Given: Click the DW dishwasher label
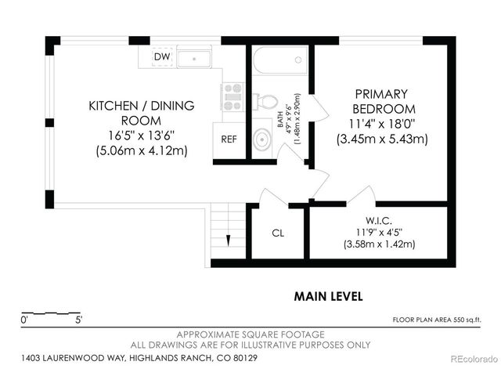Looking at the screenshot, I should pyautogui.click(x=162, y=57).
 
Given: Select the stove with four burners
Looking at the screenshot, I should pyautogui.click(x=232, y=96).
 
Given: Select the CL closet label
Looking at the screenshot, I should pyautogui.click(x=278, y=233).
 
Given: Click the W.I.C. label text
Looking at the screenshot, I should pyautogui.click(x=379, y=220).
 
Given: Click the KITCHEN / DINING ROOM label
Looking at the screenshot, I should pyautogui.click(x=141, y=113).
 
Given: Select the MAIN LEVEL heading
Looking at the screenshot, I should pyautogui.click(x=328, y=296).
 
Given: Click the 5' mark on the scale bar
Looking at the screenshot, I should pyautogui.click(x=78, y=320).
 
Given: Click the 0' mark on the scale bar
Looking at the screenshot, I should pyautogui.click(x=25, y=320).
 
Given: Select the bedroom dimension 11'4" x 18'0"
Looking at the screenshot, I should pyautogui.click(x=382, y=124).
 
